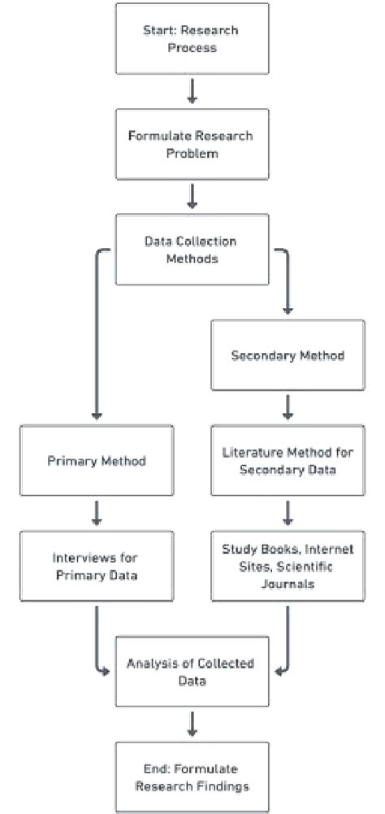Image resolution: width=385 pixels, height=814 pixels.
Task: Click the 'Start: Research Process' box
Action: coord(192,38)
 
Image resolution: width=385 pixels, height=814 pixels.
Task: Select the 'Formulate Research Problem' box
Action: coord(192,144)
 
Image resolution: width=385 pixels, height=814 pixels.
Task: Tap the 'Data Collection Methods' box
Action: coord(192,250)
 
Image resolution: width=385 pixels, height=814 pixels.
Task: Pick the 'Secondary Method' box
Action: coord(287,355)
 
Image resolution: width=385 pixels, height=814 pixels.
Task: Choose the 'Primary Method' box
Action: coord(96,461)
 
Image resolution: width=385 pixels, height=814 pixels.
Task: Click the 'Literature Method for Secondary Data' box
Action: coord(287,461)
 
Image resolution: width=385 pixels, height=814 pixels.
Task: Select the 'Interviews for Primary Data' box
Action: coord(96,567)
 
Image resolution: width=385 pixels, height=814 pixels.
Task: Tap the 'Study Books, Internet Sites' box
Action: coord(287,567)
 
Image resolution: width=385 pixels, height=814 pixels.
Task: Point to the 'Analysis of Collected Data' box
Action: coord(192,672)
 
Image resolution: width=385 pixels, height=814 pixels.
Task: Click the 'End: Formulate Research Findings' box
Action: coord(192,777)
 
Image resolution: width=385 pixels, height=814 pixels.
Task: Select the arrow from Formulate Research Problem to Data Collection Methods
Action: coord(192,196)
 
